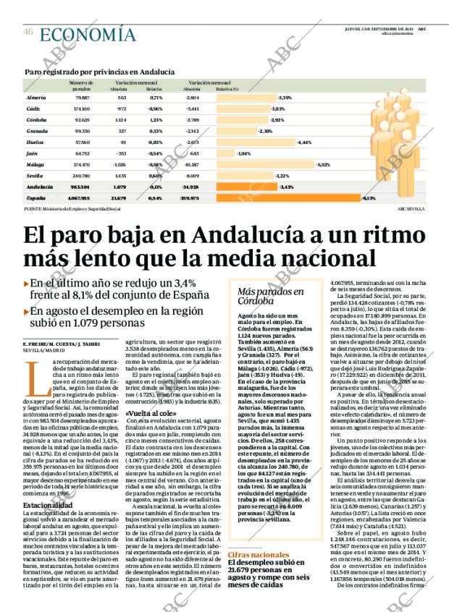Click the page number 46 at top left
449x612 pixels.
point(28,32)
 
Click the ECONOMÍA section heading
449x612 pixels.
point(88,34)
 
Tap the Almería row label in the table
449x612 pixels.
point(37,97)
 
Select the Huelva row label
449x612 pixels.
point(36,142)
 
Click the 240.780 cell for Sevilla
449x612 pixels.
point(81,175)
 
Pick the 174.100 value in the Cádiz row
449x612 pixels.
point(81,108)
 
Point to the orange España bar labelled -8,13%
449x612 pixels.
point(319,197)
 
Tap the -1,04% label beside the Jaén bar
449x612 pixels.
point(243,153)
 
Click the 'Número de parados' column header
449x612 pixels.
point(81,85)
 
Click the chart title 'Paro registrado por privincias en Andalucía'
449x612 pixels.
point(99,72)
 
